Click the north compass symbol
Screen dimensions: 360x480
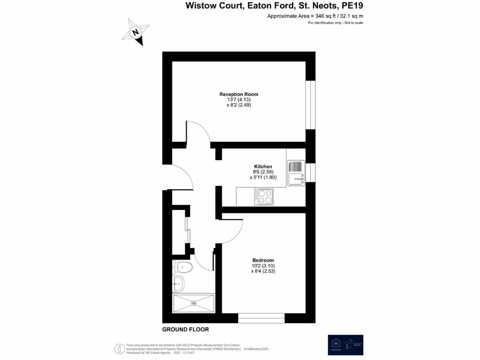click(x=136, y=33)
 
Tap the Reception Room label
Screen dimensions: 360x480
click(x=239, y=94)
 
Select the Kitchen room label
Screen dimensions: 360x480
click(x=262, y=166)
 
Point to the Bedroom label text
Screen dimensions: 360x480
click(x=263, y=260)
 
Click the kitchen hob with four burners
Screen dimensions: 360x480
click(x=263, y=197)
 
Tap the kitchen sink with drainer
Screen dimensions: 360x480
click(x=296, y=172)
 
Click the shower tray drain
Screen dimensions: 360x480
click(x=194, y=303)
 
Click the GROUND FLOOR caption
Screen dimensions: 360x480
click(x=186, y=330)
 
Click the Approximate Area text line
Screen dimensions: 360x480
click(x=315, y=16)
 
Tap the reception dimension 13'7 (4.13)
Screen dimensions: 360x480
click(x=239, y=100)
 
